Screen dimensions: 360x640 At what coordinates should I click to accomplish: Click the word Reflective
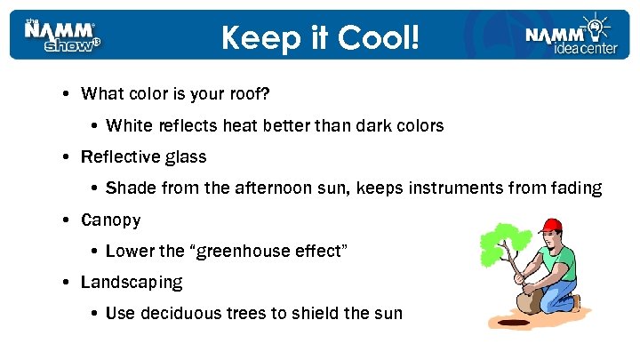pyautogui.click(x=120, y=157)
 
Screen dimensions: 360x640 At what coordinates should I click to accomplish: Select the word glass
pyautogui.click(x=186, y=158)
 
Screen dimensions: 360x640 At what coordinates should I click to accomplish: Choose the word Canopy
pyautogui.click(x=110, y=220)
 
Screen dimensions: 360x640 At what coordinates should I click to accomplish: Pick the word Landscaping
pyautogui.click(x=132, y=283)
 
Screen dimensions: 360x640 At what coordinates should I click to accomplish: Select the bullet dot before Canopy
pyautogui.click(x=68, y=220)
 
